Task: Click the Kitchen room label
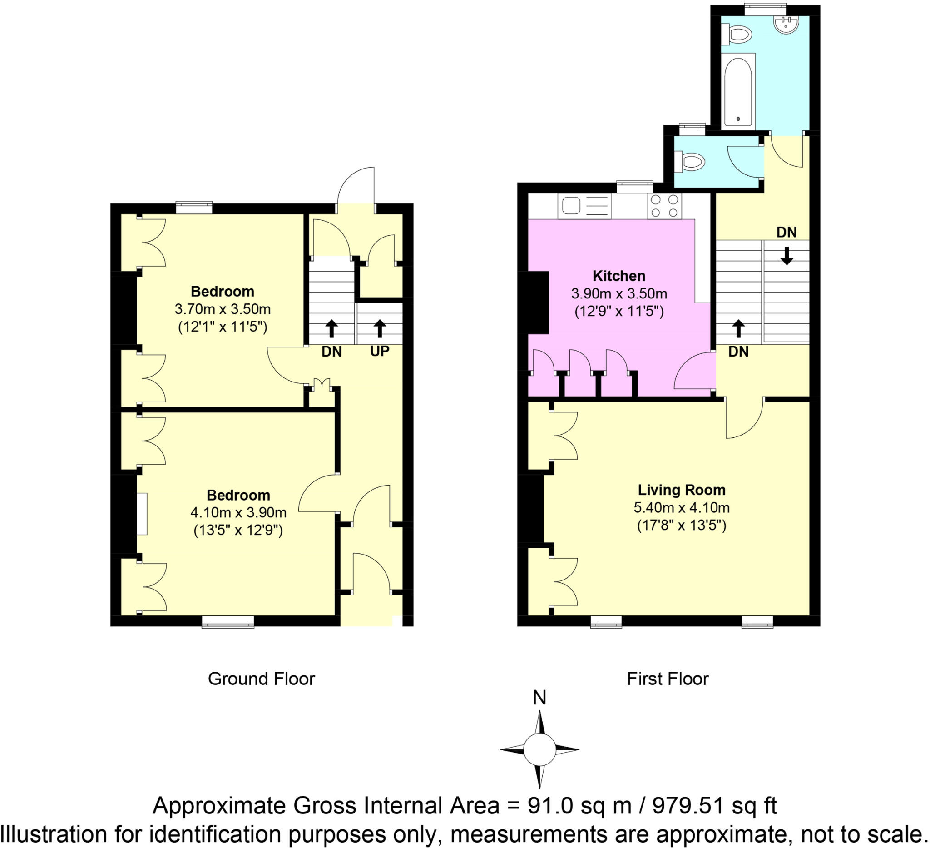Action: pyautogui.click(x=618, y=276)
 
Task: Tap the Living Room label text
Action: pyautogui.click(x=681, y=490)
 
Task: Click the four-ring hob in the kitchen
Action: pyautogui.click(x=664, y=206)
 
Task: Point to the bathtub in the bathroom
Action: pyautogui.click(x=738, y=91)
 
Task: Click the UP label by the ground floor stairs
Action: pyautogui.click(x=380, y=351)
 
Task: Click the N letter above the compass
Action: pyautogui.click(x=539, y=698)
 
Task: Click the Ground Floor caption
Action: pyautogui.click(x=261, y=679)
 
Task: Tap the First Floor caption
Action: pyautogui.click(x=668, y=679)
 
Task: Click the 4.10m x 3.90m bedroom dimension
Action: pyautogui.click(x=238, y=513)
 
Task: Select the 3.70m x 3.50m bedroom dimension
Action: pyautogui.click(x=223, y=309)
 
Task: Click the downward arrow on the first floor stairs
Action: pyautogui.click(x=787, y=256)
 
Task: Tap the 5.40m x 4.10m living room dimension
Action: pyautogui.click(x=681, y=507)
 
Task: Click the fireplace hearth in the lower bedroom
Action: pyautogui.click(x=142, y=514)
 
